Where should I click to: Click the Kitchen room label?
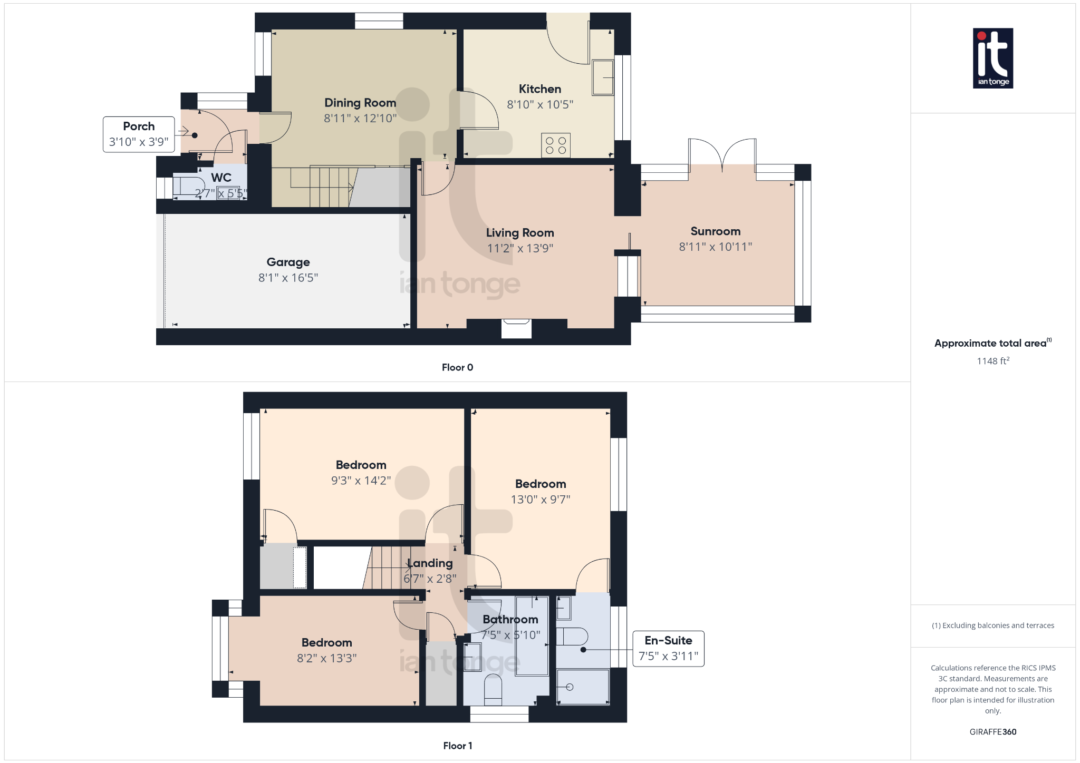[539, 89]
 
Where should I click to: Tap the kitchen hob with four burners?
[555, 145]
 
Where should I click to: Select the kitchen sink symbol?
[603, 77]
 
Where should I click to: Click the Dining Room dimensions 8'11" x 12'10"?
[360, 118]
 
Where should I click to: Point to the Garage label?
[288, 262]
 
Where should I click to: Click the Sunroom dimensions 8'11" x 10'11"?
[715, 247]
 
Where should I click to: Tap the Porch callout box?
[139, 134]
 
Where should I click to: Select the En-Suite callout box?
[668, 648]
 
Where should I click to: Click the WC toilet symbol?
[188, 187]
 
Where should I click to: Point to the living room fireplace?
[516, 328]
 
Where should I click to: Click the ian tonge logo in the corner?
[992, 58]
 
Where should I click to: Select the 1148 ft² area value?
[992, 361]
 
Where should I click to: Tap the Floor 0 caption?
[457, 367]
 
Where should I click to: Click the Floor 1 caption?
[457, 746]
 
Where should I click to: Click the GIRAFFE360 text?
[992, 732]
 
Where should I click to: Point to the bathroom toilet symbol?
[493, 689]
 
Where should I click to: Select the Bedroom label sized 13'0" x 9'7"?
[541, 484]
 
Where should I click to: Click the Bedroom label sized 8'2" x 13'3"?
[326, 642]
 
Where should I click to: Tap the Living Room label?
[519, 233]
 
